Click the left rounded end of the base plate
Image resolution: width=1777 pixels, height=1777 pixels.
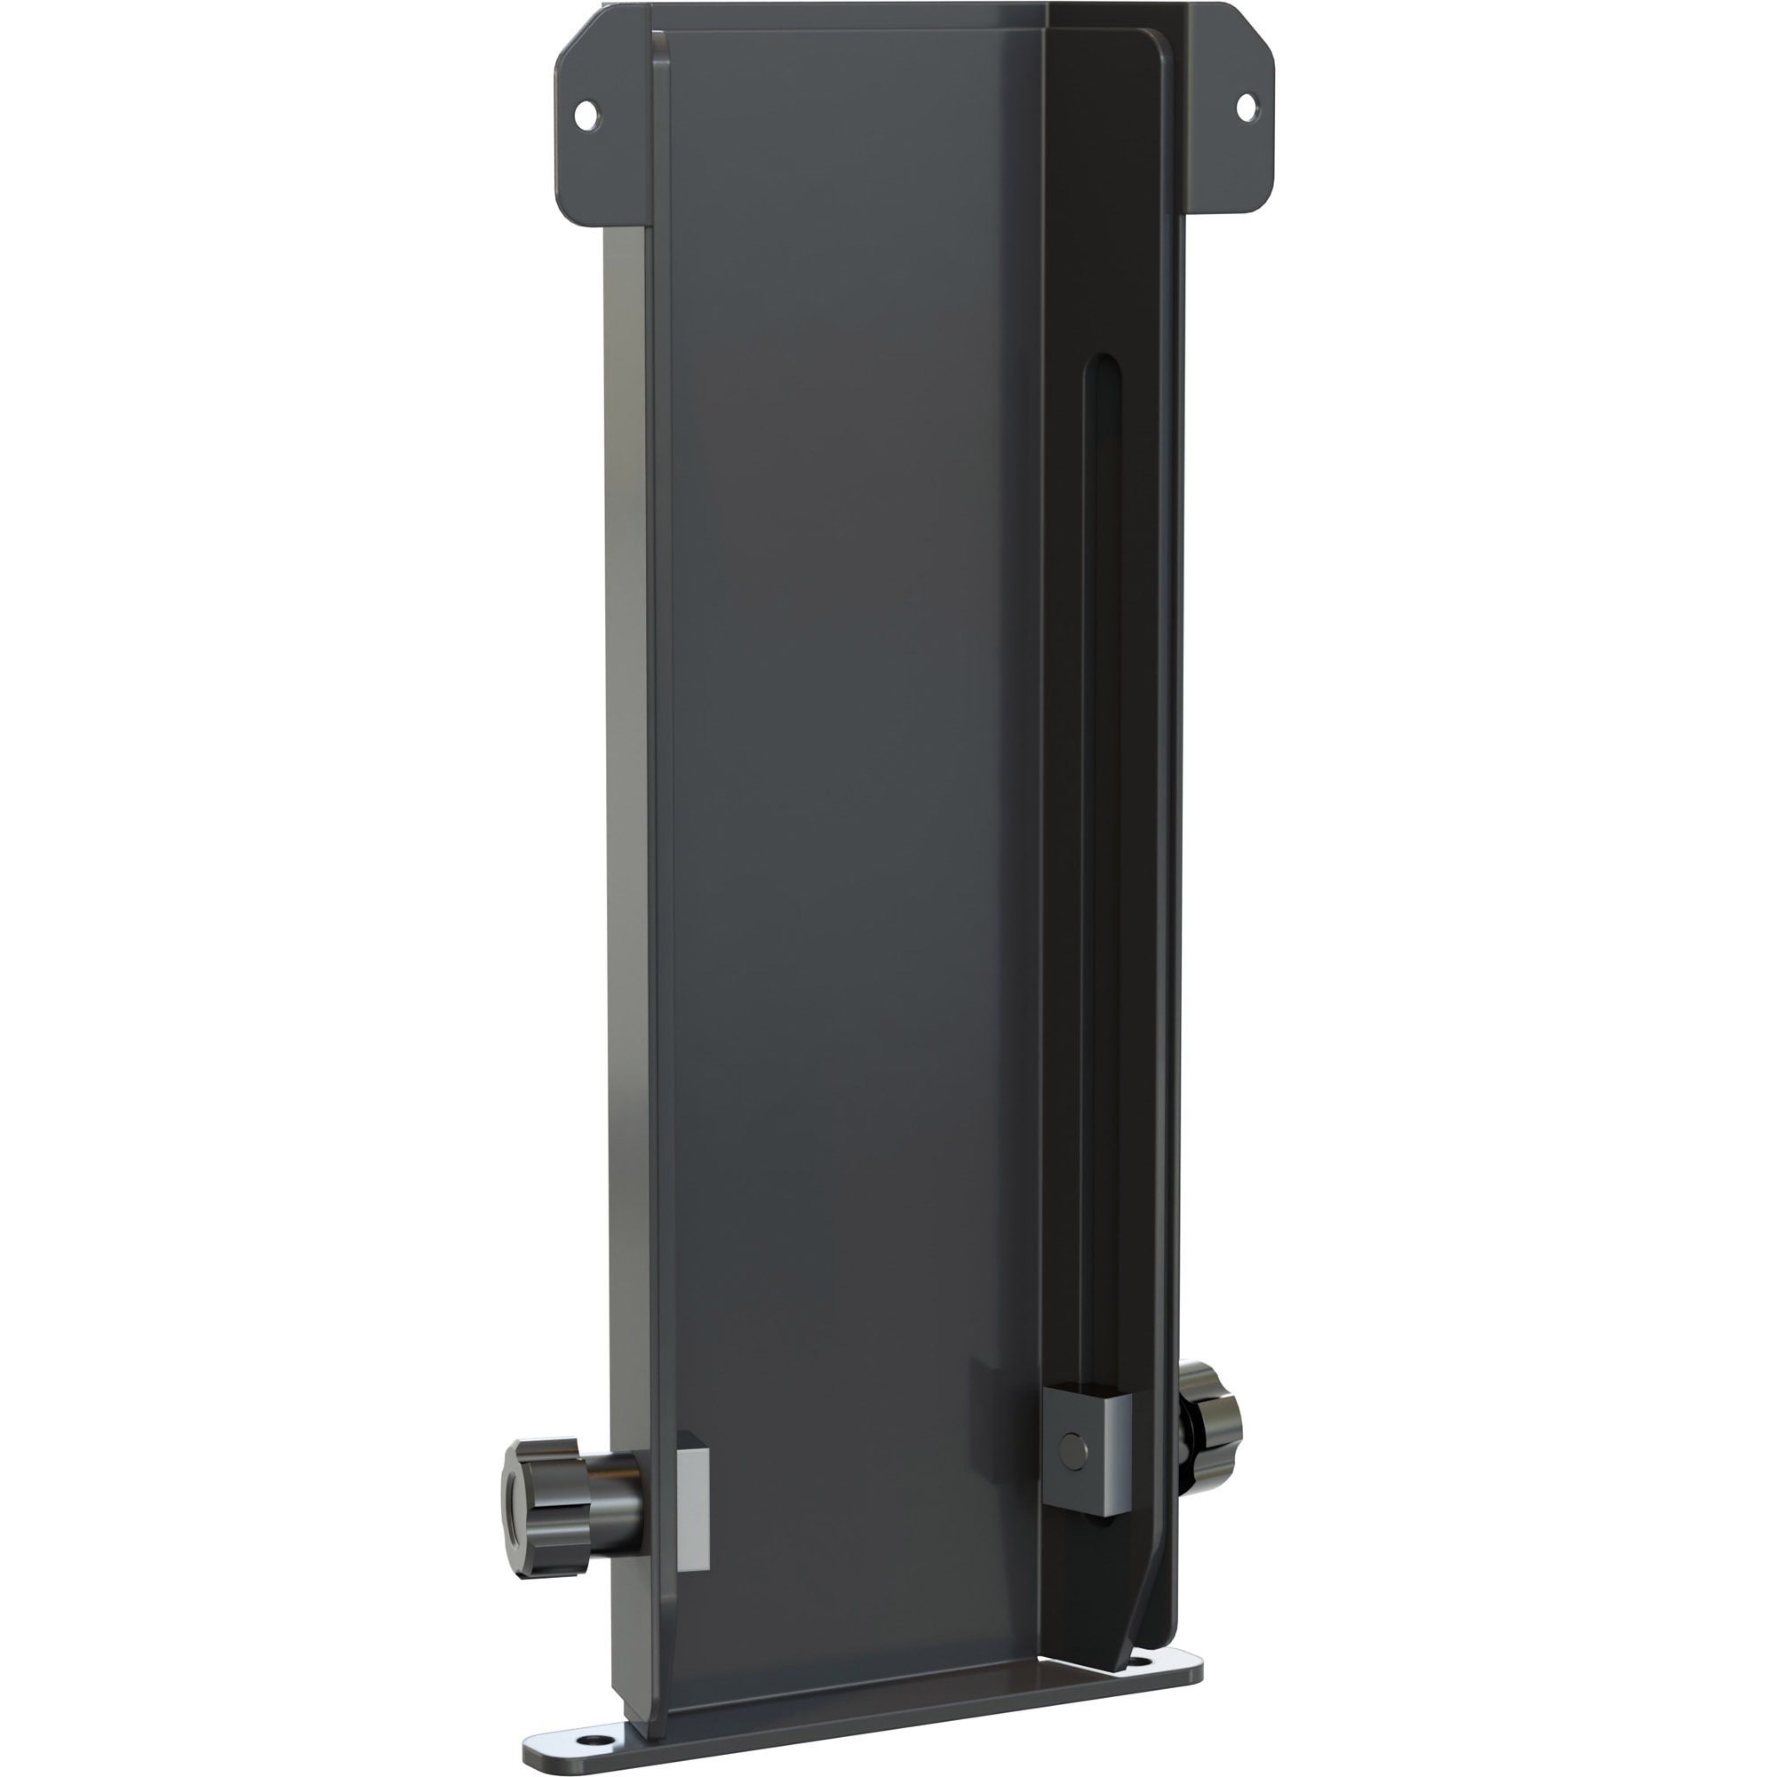(x=533, y=1750)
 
